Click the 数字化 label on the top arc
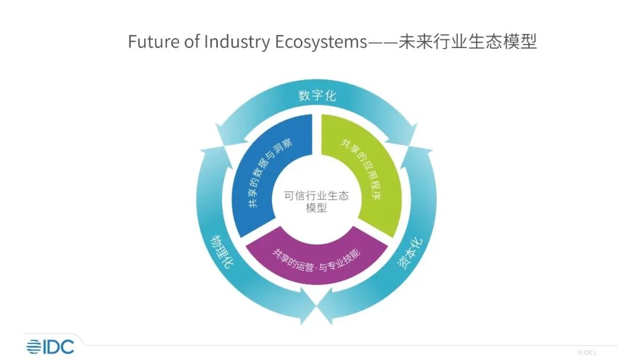point(316,95)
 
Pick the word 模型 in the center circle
point(317,209)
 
